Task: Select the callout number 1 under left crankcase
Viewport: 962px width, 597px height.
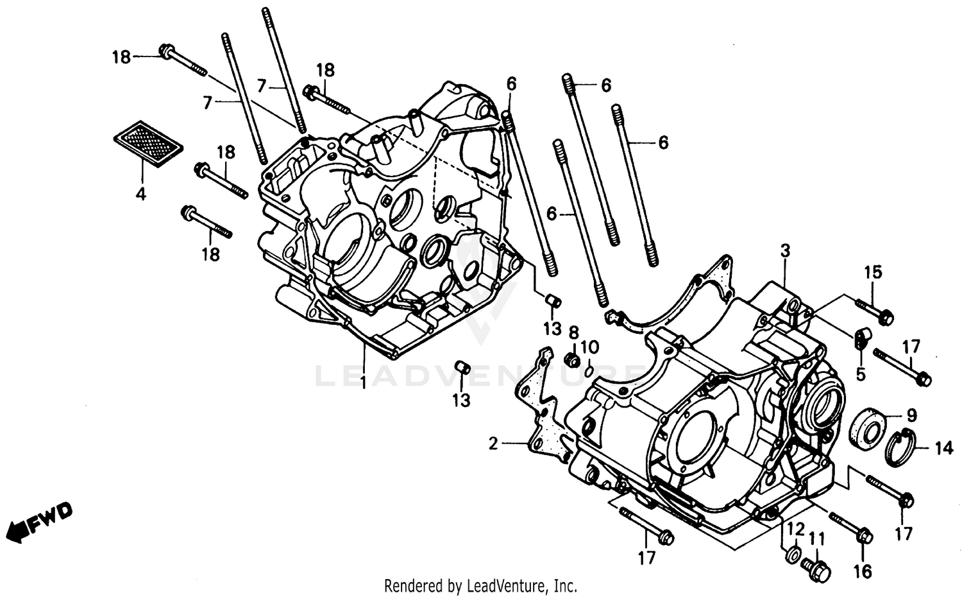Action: (363, 383)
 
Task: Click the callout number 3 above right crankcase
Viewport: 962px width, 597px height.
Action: (785, 251)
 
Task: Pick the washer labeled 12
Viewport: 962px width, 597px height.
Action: (792, 554)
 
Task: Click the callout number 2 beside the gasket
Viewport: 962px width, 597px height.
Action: (493, 444)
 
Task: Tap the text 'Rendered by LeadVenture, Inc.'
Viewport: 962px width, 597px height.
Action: (480, 585)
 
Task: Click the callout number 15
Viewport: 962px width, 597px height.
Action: (872, 272)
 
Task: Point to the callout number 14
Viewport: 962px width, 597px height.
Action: (943, 448)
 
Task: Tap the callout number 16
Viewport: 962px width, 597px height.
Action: (863, 569)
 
